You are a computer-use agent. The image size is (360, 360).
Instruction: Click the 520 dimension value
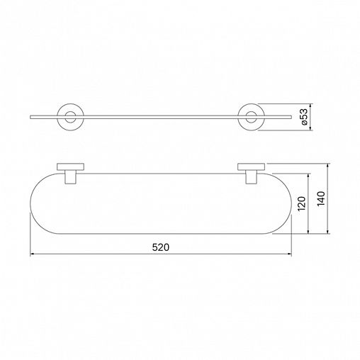tap(161, 247)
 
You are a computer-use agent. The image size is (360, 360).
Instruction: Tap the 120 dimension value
tap(301, 203)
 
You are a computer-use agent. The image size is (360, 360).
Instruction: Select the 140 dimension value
tap(321, 198)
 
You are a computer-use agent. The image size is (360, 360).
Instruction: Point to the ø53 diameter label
tap(304, 117)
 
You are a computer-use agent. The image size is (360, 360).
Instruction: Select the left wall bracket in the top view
tap(70, 167)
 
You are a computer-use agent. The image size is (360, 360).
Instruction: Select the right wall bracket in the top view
tap(251, 167)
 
